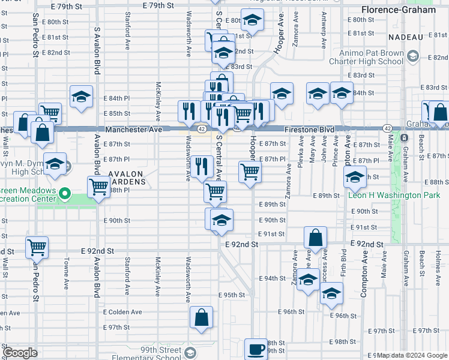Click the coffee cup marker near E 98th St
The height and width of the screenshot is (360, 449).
tap(256, 349)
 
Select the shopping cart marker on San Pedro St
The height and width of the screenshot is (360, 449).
tap(37, 246)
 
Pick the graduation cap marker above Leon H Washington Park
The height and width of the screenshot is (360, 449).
tap(355, 177)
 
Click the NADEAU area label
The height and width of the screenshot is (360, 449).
tap(406, 37)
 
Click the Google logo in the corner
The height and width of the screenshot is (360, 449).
tap(20, 353)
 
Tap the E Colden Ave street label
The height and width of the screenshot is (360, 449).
tap(122, 312)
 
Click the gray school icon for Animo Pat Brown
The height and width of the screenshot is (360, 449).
tap(412, 57)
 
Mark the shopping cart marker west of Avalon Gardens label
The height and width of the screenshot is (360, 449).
tap(98, 187)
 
